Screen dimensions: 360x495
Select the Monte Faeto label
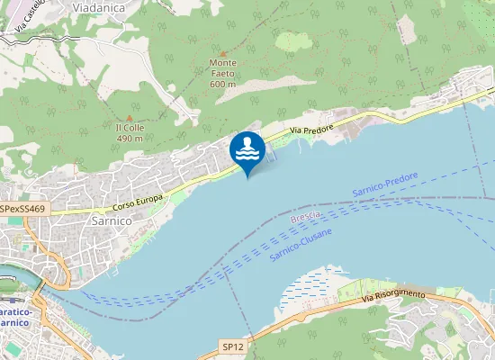(222, 68)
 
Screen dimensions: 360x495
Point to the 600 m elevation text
(222, 84)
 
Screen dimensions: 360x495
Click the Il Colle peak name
(130, 127)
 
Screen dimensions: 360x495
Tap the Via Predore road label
(311, 131)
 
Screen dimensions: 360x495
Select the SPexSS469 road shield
(23, 208)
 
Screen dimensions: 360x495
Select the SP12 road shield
(232, 346)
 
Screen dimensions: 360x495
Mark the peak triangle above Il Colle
(130, 117)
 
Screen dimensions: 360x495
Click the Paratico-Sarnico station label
(15, 316)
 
